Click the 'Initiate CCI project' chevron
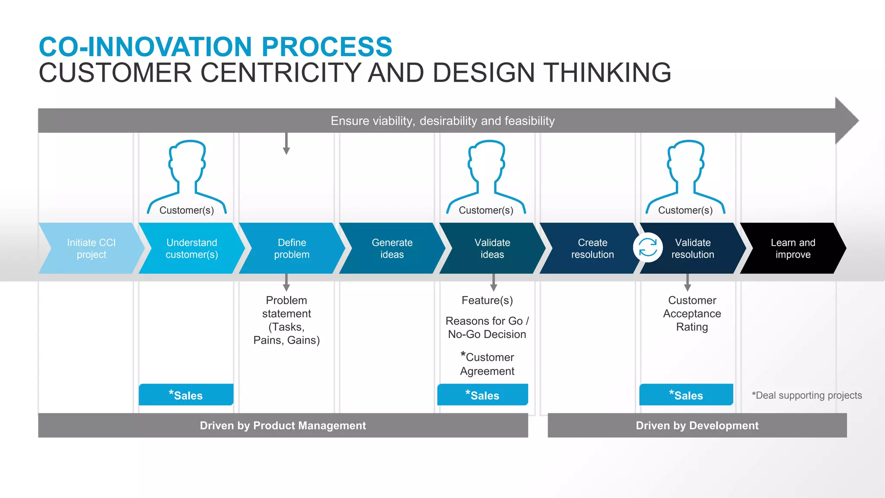[x=91, y=248]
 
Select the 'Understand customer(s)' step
[x=191, y=248]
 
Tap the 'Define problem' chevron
[x=292, y=248]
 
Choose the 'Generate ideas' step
[x=392, y=248]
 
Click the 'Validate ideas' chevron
[x=492, y=248]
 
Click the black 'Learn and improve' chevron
[x=793, y=248]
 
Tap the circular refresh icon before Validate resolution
[x=648, y=248]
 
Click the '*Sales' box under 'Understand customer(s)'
[x=186, y=395]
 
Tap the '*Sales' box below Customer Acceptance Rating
[x=686, y=395]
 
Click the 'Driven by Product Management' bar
[x=283, y=425]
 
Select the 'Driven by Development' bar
[x=697, y=425]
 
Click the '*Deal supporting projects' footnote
[x=806, y=395]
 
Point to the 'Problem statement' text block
[x=287, y=320]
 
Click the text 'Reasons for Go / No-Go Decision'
[x=487, y=327]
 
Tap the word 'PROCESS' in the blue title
[x=327, y=47]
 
